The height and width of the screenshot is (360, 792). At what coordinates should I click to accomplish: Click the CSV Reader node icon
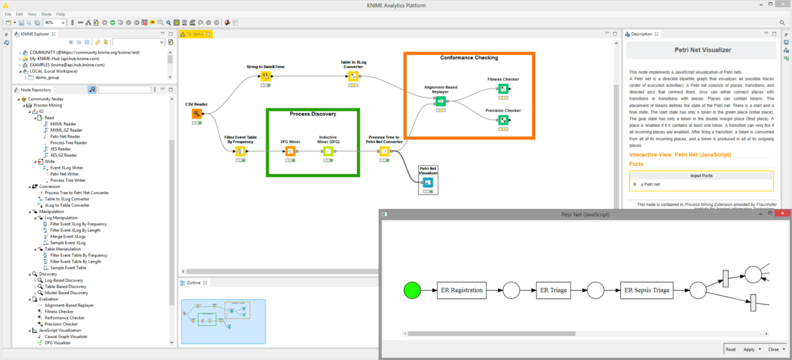click(x=196, y=114)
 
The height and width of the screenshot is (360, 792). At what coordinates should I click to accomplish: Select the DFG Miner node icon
click(x=290, y=151)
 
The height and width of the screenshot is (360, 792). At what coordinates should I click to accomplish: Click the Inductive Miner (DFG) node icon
click(x=327, y=151)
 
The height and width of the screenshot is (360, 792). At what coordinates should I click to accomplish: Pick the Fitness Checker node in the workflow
click(x=503, y=89)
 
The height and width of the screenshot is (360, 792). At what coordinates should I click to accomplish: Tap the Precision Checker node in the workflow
click(x=503, y=120)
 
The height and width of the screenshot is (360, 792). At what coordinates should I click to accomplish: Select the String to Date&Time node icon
click(x=266, y=76)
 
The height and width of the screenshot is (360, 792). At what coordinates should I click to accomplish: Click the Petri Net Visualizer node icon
click(x=428, y=183)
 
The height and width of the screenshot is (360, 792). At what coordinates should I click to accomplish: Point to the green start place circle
click(x=412, y=290)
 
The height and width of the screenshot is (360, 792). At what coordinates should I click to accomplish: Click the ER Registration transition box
click(x=462, y=290)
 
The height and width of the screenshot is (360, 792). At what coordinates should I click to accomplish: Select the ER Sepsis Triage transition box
click(x=647, y=290)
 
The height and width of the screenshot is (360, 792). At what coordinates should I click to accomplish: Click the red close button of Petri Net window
click(x=782, y=214)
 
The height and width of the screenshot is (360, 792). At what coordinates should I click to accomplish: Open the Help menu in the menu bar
click(x=60, y=14)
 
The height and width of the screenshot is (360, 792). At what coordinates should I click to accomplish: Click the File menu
click(x=8, y=14)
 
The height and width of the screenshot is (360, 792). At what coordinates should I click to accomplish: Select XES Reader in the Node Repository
click(x=60, y=149)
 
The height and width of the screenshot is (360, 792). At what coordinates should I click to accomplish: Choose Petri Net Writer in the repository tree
click(x=64, y=174)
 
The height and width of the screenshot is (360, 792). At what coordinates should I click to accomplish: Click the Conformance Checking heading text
click(x=469, y=58)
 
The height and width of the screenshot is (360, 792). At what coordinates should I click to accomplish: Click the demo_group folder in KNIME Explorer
click(x=47, y=77)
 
